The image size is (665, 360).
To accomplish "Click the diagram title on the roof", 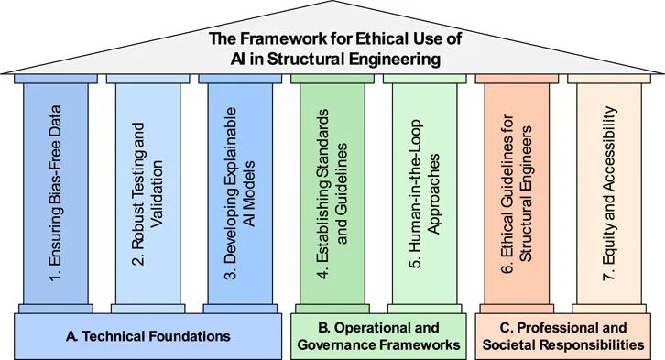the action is click(x=335, y=49).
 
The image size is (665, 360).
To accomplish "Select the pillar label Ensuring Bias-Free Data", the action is click(x=56, y=194).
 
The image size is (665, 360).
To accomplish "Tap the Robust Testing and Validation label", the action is click(x=148, y=194).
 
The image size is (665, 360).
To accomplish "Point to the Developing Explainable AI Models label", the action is click(x=240, y=193).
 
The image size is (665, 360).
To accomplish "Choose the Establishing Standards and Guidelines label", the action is click(x=332, y=194).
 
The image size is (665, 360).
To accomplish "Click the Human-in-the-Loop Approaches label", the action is click(x=424, y=194).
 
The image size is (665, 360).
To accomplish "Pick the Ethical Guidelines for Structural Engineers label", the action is click(x=517, y=194).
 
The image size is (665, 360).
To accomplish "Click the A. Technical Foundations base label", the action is click(x=148, y=336).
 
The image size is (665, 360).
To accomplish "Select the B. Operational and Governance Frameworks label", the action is click(x=378, y=336).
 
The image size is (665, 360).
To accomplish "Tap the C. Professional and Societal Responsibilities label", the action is click(x=563, y=336).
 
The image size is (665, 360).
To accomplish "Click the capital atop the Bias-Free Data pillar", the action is click(x=56, y=79).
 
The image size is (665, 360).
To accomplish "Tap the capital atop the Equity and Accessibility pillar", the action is click(x=609, y=79).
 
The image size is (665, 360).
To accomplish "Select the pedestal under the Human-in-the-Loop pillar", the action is click(x=424, y=309).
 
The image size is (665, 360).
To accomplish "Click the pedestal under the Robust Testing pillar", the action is click(x=148, y=309).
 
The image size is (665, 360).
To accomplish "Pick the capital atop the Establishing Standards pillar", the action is click(x=332, y=79).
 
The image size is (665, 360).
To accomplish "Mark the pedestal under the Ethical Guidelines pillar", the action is click(x=517, y=309).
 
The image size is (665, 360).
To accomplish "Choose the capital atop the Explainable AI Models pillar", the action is click(x=240, y=79).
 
